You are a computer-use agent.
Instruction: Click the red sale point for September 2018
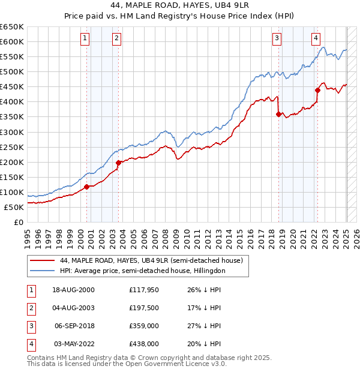tap(278, 114)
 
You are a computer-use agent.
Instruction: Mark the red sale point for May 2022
tap(317, 90)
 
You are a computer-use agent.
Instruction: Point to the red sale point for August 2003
tap(118, 163)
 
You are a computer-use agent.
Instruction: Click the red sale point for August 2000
tap(86, 187)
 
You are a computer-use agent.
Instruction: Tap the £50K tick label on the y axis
tap(14, 207)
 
